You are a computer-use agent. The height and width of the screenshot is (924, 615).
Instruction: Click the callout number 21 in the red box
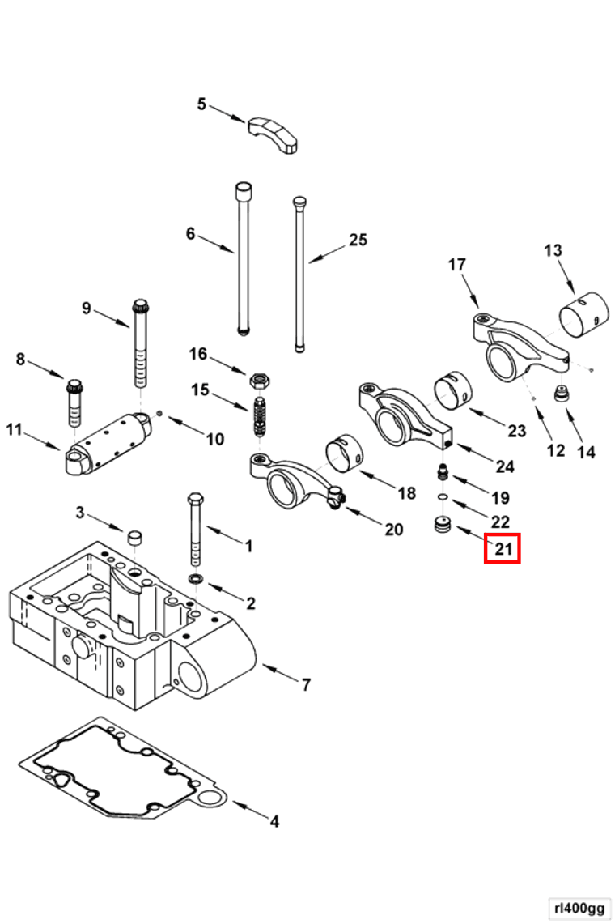tap(503, 550)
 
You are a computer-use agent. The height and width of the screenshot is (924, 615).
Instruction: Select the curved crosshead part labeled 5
tap(274, 133)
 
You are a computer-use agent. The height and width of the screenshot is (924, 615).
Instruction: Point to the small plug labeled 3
tap(136, 539)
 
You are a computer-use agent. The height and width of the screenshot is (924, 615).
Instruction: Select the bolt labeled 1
tap(194, 530)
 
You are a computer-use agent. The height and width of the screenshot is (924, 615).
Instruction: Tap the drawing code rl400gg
tap(579, 908)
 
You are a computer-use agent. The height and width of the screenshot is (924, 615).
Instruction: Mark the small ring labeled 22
tap(443, 496)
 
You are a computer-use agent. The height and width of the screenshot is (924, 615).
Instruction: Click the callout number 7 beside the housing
tap(306, 685)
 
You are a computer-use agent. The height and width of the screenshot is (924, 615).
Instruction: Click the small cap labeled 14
tap(559, 395)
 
